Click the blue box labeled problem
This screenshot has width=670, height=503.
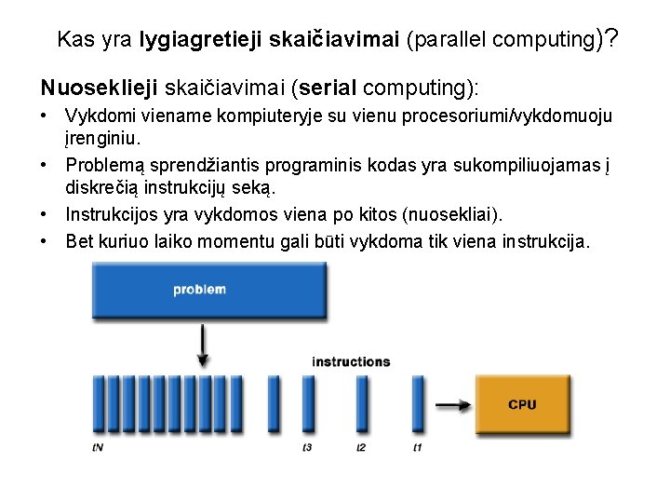coord(200,290)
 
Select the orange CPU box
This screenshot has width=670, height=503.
coord(521,405)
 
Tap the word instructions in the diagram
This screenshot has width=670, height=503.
coord(351,361)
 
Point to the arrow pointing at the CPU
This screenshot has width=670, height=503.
coord(453,405)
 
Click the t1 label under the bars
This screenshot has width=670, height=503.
coord(418,448)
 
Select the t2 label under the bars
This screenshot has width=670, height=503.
coord(362,448)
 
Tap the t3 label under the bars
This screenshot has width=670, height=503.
coord(307,448)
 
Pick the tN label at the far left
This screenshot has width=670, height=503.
coord(98,448)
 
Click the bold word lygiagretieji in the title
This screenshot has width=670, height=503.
coord(199,40)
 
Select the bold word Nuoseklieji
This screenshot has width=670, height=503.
coord(99,88)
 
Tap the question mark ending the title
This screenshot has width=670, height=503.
coord(611,39)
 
